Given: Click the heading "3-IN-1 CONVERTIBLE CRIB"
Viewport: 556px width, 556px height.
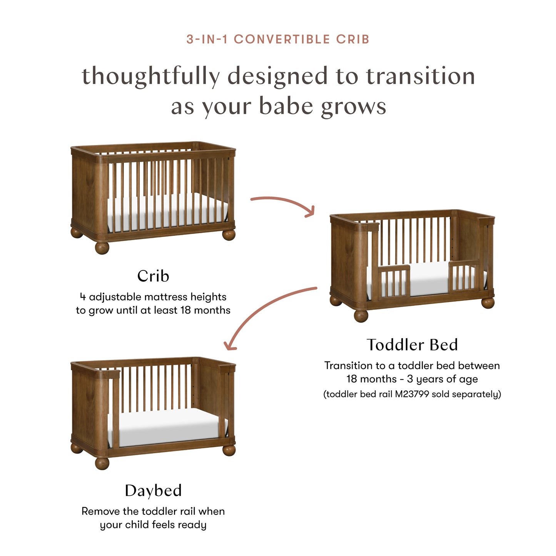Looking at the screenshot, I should click(x=278, y=39).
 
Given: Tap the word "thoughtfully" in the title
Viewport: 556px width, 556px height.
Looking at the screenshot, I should click(x=150, y=76).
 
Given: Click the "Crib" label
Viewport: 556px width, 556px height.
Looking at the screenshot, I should click(x=153, y=276).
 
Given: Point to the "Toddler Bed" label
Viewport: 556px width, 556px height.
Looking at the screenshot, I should click(x=412, y=345).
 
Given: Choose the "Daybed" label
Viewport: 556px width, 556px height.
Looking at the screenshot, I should click(x=153, y=491).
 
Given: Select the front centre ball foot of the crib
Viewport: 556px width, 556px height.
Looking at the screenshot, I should click(x=102, y=247).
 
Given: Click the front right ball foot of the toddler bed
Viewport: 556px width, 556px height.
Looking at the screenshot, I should click(x=488, y=302).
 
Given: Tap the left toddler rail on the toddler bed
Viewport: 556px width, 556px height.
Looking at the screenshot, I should click(x=394, y=281).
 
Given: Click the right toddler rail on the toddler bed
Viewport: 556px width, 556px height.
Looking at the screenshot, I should click(x=464, y=276).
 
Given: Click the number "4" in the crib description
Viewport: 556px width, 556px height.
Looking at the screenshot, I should click(x=83, y=297).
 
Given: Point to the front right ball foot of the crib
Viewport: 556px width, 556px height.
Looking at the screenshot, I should click(x=229, y=234).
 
